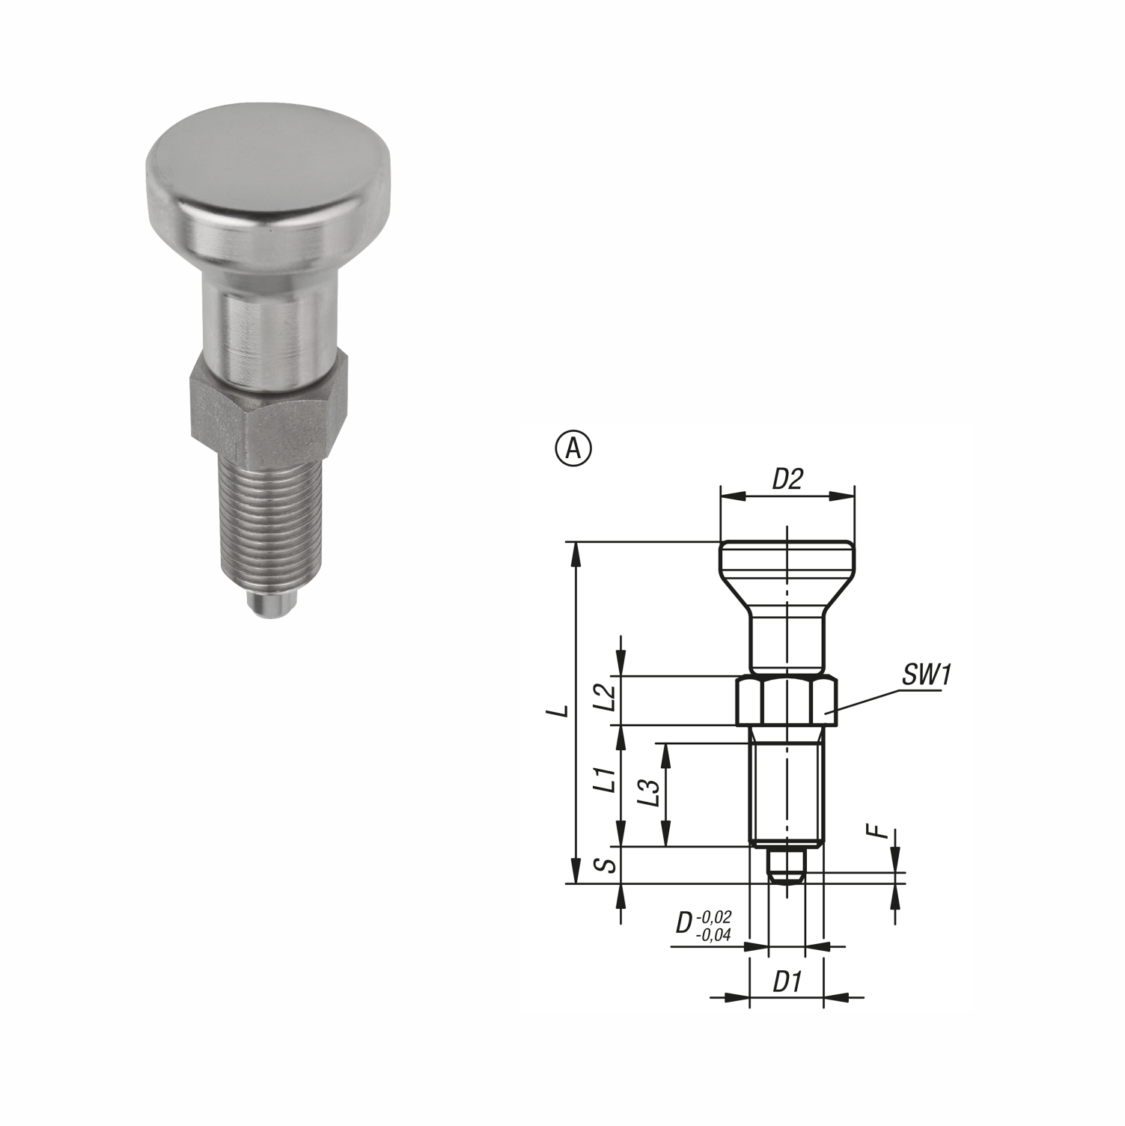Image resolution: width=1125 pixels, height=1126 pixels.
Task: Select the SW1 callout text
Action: click(x=926, y=675)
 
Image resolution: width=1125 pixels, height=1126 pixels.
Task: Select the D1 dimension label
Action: click(x=787, y=982)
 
